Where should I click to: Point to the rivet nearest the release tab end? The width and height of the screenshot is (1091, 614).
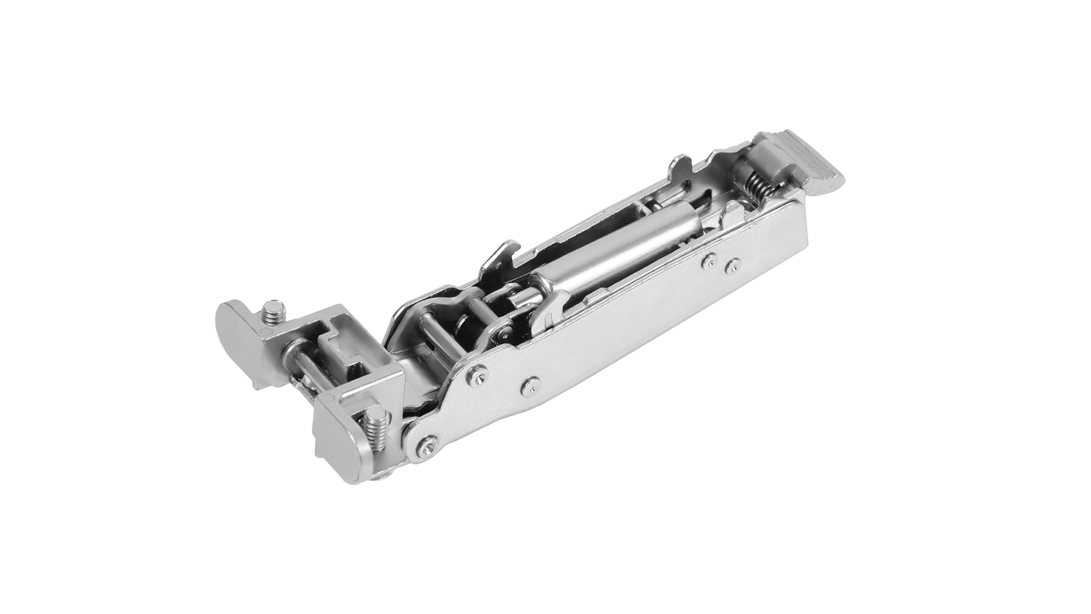click(x=733, y=264)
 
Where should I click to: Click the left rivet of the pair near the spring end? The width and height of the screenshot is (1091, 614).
click(x=708, y=261)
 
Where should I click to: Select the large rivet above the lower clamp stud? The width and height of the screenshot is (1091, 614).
click(x=476, y=374)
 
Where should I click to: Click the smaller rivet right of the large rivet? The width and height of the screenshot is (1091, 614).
click(x=530, y=385)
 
